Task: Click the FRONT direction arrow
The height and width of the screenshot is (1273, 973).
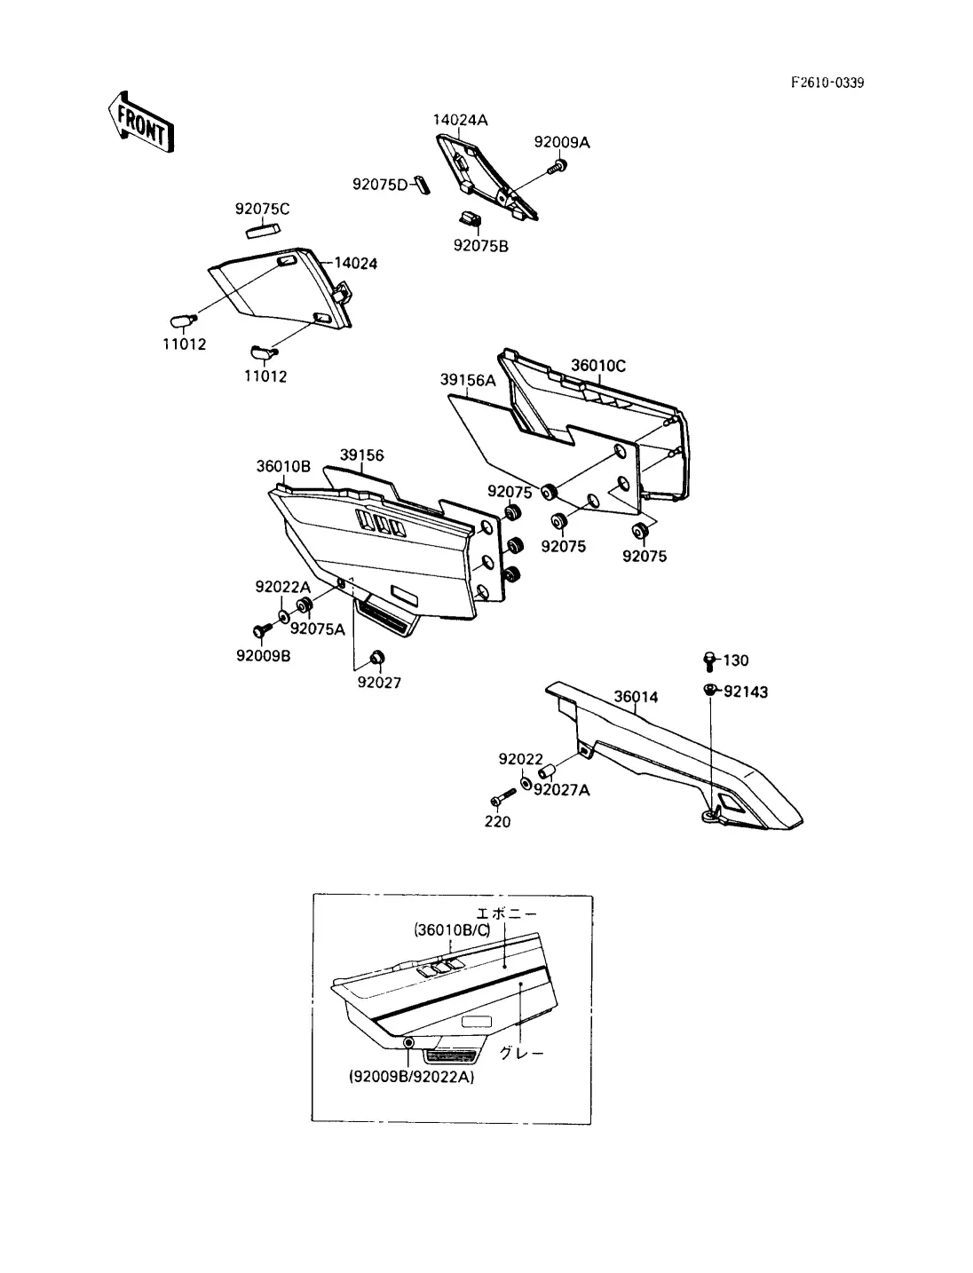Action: pos(141,123)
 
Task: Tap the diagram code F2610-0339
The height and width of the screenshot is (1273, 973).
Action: pos(827,83)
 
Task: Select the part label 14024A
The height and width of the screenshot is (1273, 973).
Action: pos(460,120)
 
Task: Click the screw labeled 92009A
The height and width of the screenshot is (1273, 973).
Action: pos(558,167)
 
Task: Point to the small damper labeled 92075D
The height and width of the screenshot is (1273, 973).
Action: pos(422,184)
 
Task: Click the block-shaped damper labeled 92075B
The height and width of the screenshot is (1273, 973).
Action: pos(470,219)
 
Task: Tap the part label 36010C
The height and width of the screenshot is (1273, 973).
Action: pos(597,366)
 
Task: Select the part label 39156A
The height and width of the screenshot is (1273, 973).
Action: pos(468,380)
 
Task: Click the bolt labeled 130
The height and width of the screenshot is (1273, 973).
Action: pos(708,661)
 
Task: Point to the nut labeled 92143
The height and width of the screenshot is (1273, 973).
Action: pos(709,690)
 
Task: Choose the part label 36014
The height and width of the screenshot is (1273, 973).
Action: pos(636,697)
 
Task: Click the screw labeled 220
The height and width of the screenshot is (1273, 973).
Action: pos(502,797)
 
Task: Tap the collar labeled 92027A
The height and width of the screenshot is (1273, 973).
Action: pos(547,772)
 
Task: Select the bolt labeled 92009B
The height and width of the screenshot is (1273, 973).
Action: pos(262,629)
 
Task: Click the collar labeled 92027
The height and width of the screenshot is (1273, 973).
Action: pos(377,658)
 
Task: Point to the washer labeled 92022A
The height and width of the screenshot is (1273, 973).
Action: pos(283,616)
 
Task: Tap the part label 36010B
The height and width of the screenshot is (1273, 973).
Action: pos(283,466)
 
